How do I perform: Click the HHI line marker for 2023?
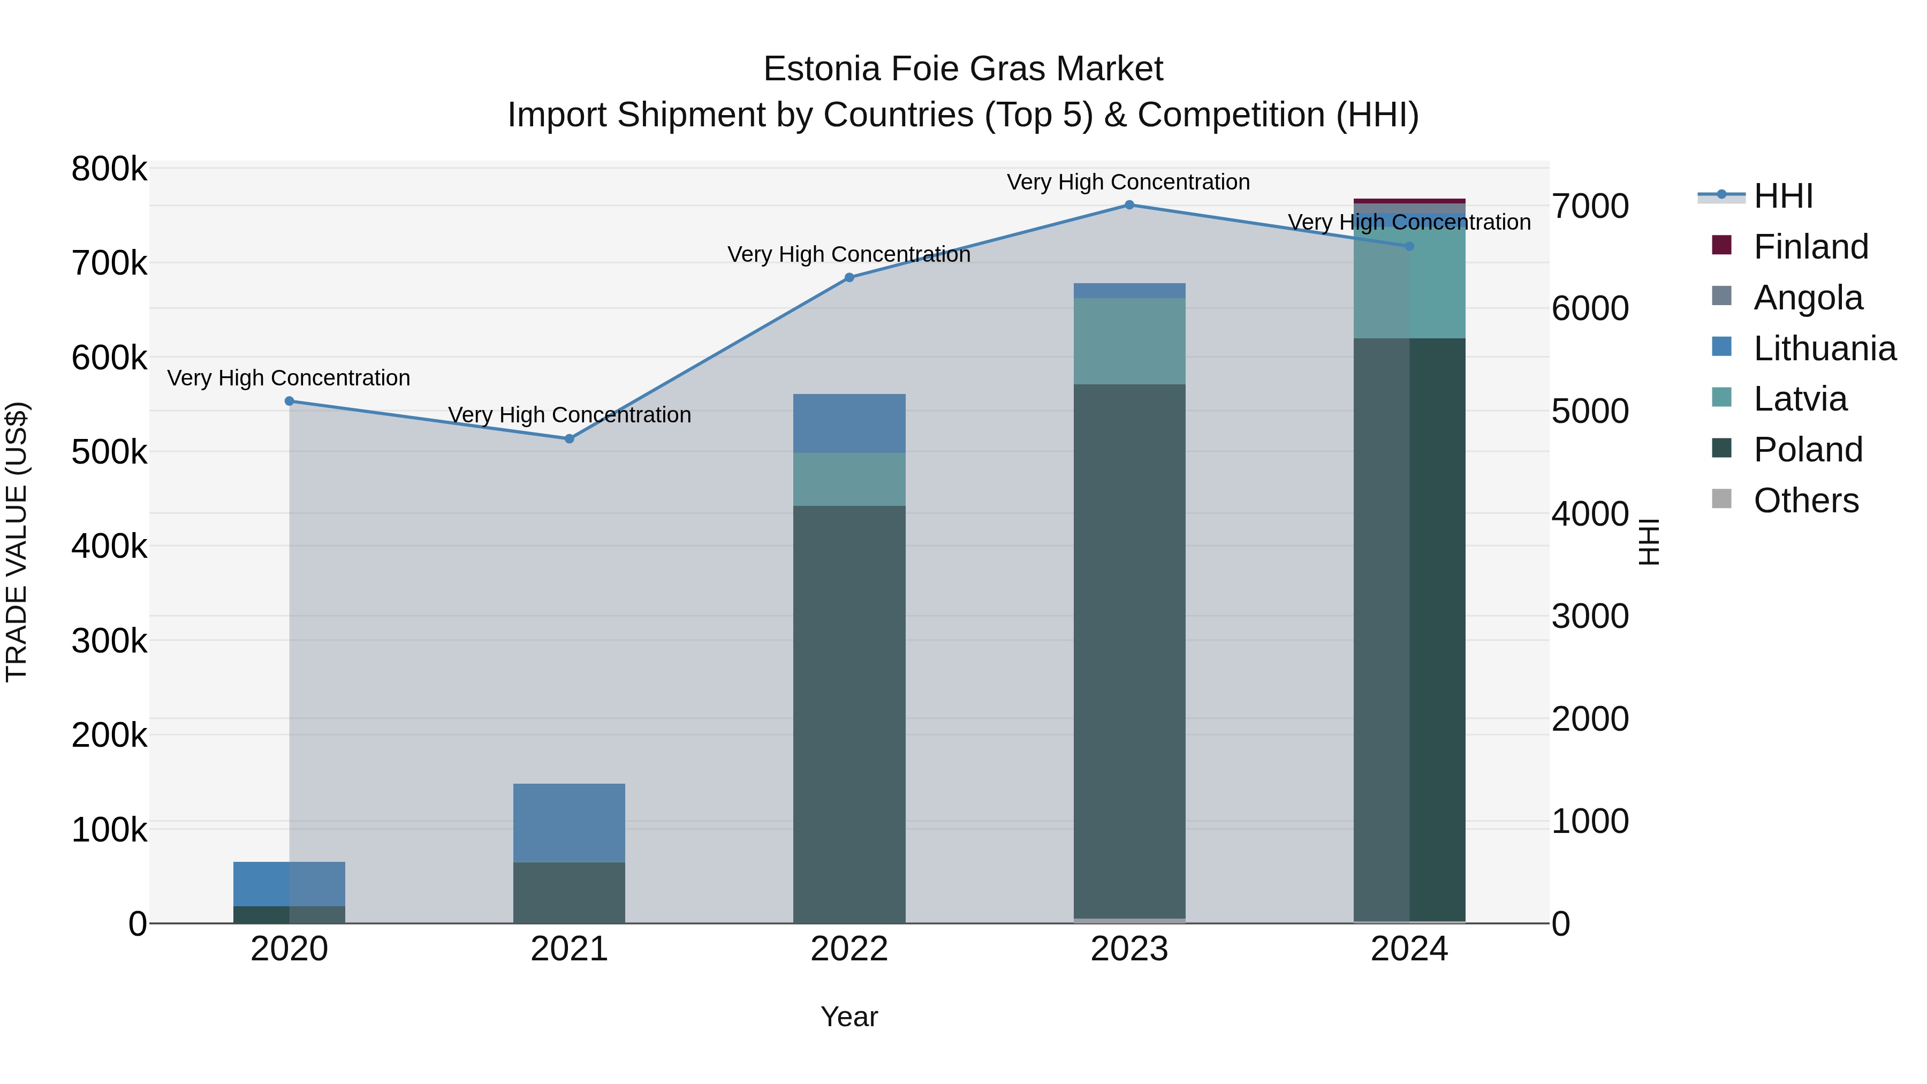[x=1129, y=205]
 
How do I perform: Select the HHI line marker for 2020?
[x=290, y=401]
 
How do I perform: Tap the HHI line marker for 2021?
[x=570, y=439]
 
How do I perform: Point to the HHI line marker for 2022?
[x=849, y=277]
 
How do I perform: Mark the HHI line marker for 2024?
[x=1409, y=246]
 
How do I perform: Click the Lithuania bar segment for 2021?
[x=570, y=823]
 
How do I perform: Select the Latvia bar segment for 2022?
[x=849, y=480]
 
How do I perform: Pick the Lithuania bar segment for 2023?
[x=1129, y=291]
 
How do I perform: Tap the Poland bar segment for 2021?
[x=570, y=892]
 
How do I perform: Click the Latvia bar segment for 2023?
[x=1129, y=341]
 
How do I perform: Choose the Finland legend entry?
[x=1810, y=247]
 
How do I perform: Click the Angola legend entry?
[x=1807, y=298]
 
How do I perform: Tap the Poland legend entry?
[x=1807, y=450]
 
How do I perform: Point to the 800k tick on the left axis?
[x=109, y=169]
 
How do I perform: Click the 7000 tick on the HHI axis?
[x=1590, y=207]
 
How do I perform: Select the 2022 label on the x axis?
[x=849, y=949]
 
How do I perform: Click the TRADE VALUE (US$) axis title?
[x=17, y=542]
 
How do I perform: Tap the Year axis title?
[x=849, y=1017]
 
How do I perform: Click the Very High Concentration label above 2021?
[x=570, y=415]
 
